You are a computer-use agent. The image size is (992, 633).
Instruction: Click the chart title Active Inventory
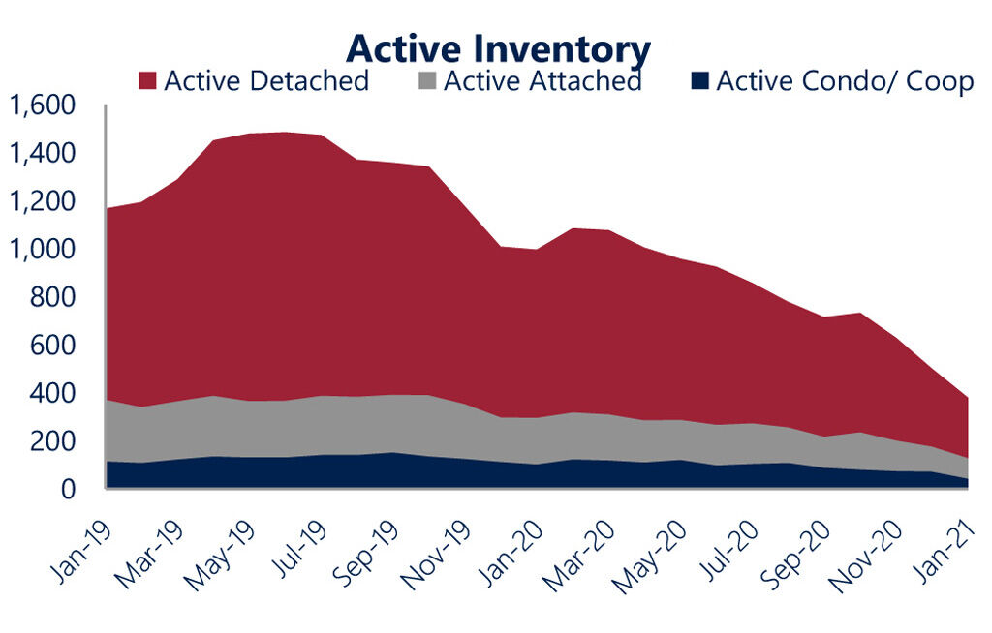click(498, 46)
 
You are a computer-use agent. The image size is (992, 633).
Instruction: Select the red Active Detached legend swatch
click(148, 80)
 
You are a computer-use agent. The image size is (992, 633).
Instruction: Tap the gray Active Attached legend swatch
click(427, 80)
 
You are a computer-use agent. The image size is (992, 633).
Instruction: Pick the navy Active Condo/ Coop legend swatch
click(699, 80)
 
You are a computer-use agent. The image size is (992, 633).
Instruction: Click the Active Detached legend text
click(266, 80)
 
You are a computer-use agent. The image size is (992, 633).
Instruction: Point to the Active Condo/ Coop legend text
click(845, 80)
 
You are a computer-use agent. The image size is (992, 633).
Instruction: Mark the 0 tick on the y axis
click(69, 490)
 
